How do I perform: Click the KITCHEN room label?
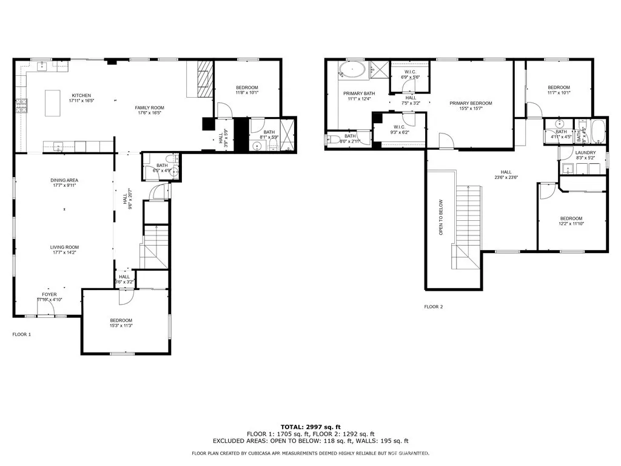tap(81, 95)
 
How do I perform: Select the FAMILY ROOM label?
tap(149, 107)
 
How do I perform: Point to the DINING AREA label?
tap(64, 180)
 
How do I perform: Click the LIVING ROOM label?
tap(64, 247)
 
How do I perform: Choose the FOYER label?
tap(49, 294)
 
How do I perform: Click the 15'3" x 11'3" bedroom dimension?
tap(121, 326)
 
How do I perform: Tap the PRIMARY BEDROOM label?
tap(471, 103)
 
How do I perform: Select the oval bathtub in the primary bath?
tap(352, 70)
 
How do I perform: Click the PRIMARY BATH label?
tap(359, 93)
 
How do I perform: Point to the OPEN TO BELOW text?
tap(441, 217)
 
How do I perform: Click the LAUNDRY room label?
tap(586, 152)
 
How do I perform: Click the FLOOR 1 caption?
tap(22, 334)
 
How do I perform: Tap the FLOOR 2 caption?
tap(434, 307)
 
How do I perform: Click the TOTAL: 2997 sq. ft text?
tap(310, 427)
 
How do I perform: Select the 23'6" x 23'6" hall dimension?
tap(506, 178)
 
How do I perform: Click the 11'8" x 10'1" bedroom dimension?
tap(247, 93)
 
